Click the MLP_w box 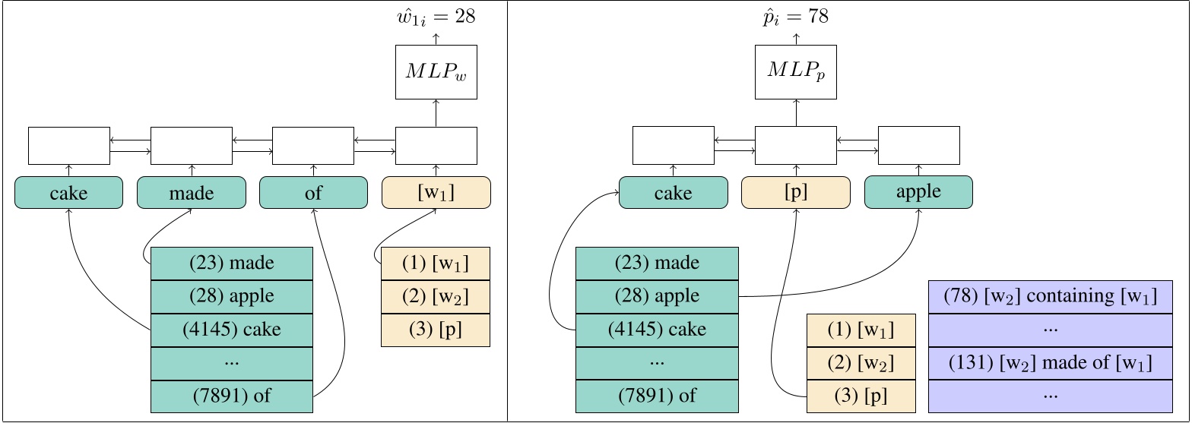coord(436,71)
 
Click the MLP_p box coord(795,71)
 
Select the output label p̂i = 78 coord(795,17)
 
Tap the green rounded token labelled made coord(192,193)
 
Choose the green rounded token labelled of coord(313,193)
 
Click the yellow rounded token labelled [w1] coord(436,193)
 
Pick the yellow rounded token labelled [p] coord(795,193)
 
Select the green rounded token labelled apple coord(918,192)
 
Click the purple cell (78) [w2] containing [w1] coord(1051,296)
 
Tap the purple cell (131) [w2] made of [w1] coord(1051,363)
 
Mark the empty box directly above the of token coord(313,146)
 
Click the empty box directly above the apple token coord(918,145)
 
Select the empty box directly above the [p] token coord(795,145)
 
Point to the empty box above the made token coord(192,146)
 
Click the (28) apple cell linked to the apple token coord(657,296)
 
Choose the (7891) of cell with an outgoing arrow coord(232,396)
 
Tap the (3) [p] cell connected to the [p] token coord(861,396)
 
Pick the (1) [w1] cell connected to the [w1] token coord(435,264)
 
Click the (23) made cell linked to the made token coord(232,264)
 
